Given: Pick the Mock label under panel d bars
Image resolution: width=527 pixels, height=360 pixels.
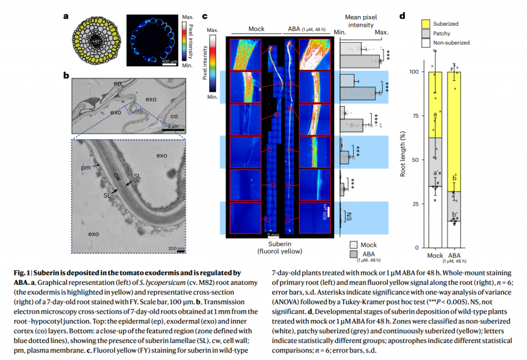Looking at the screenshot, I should pyautogui.click(x=435, y=255).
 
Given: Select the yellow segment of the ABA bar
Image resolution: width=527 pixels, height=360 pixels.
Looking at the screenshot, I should pyautogui.click(x=454, y=131).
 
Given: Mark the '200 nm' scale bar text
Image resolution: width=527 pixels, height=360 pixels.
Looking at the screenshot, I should pyautogui.click(x=176, y=249).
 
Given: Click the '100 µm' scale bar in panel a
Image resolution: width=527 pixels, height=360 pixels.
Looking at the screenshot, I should pyautogui.click(x=169, y=62).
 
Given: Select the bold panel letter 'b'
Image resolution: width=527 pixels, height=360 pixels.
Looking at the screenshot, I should pyautogui.click(x=66, y=76).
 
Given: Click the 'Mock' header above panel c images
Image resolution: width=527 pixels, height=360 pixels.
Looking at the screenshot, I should pyautogui.click(x=256, y=28).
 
